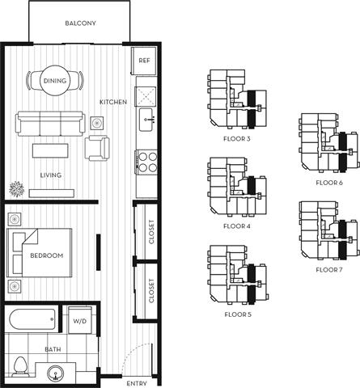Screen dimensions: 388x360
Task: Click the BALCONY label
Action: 80,23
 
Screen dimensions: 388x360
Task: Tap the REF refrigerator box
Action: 144,61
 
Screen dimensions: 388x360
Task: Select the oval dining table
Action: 56,81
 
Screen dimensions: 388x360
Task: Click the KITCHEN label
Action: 113,103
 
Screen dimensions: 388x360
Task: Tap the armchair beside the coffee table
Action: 97,148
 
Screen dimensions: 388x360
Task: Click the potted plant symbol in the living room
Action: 15,191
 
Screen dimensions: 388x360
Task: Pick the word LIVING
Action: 50,175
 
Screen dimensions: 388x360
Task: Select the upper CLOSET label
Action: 151,233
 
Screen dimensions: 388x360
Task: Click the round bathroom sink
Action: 56,373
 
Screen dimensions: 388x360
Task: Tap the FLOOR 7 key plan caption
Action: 329,268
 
